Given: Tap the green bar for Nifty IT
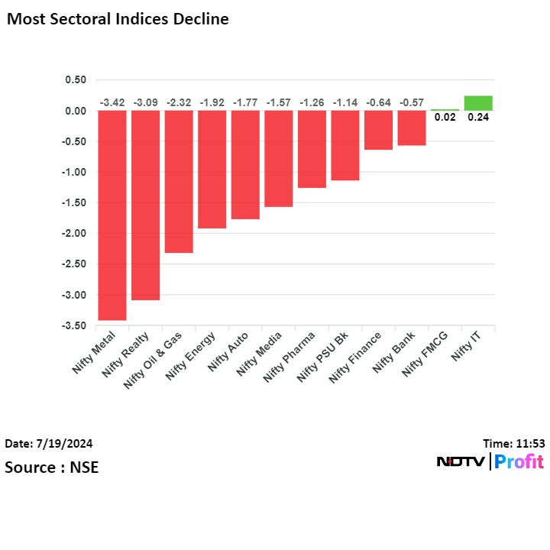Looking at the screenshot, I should [x=478, y=103].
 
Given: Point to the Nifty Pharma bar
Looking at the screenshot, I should [x=312, y=149].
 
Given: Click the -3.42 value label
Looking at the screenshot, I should [x=112, y=102].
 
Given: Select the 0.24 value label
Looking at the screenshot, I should [x=478, y=118].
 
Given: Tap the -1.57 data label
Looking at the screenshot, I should [x=279, y=102].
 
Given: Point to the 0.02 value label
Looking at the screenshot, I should [x=445, y=118].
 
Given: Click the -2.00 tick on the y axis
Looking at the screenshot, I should [x=75, y=234].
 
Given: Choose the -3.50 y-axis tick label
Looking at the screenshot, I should [x=75, y=326].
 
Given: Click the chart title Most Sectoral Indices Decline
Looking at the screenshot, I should [x=118, y=19].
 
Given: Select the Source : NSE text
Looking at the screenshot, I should [x=52, y=467].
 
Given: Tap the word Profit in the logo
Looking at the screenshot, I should [x=519, y=461].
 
